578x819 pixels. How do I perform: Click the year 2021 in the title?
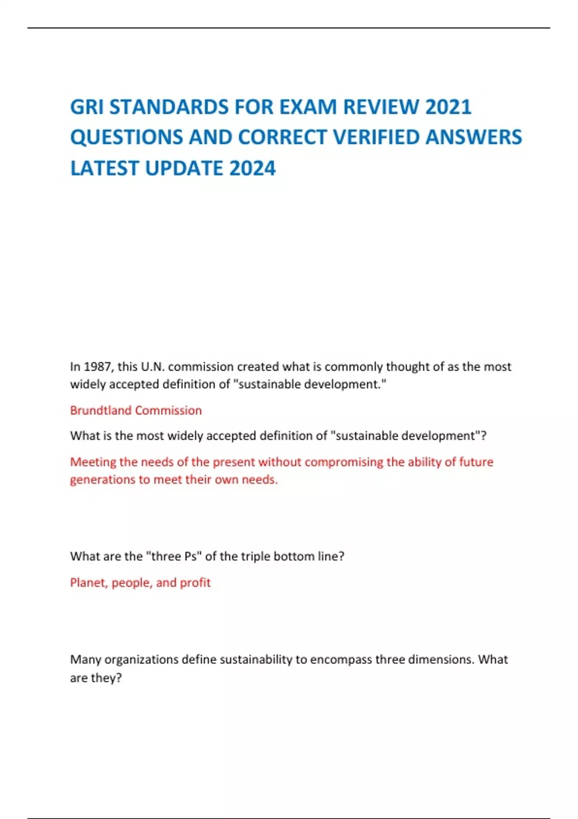[448, 107]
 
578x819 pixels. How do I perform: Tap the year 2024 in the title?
[252, 169]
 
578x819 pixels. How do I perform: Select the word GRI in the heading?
[87, 107]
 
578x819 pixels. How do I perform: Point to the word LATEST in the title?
[105, 169]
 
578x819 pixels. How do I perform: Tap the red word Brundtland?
[101, 410]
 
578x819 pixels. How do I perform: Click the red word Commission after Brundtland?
[169, 410]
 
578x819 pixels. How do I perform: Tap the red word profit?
[195, 582]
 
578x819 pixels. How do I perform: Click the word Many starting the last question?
[86, 660]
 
